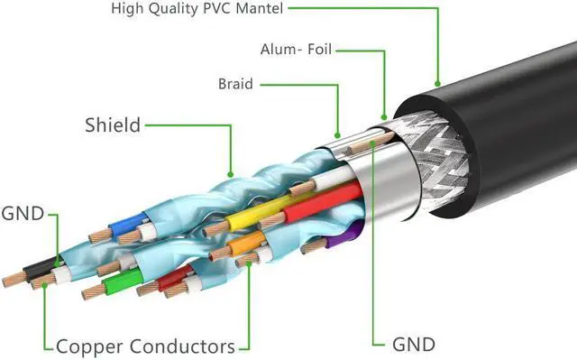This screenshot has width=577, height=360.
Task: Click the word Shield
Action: coord(113,125)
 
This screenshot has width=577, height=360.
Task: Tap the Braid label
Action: coord(235,84)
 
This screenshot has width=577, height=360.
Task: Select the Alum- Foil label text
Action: coord(296,50)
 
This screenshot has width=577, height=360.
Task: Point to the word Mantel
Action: coord(260,8)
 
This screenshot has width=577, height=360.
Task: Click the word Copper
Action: coord(89,346)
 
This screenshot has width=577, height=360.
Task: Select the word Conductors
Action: coord(182,346)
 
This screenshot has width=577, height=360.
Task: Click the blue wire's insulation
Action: coord(127,224)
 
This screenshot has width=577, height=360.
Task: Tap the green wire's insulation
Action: coord(123,281)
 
